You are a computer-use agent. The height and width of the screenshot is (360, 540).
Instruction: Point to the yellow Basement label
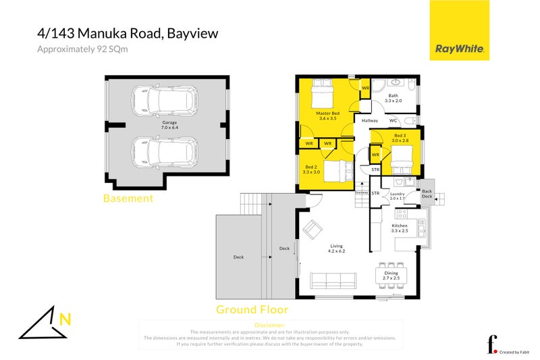point(128,199)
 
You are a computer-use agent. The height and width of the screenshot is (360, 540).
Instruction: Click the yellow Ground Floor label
point(252,310)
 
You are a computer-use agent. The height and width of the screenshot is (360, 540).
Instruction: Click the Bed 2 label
point(311,169)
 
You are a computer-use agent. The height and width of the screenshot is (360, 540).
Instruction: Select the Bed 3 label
point(400,138)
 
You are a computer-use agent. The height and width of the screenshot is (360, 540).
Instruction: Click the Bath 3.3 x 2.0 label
point(393,98)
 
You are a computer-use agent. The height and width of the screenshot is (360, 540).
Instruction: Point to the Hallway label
point(369,120)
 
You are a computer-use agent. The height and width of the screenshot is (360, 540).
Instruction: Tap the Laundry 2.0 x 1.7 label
point(397,197)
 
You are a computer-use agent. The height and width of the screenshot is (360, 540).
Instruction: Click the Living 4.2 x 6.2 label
point(337,249)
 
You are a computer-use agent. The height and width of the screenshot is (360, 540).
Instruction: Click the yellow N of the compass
point(65,319)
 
